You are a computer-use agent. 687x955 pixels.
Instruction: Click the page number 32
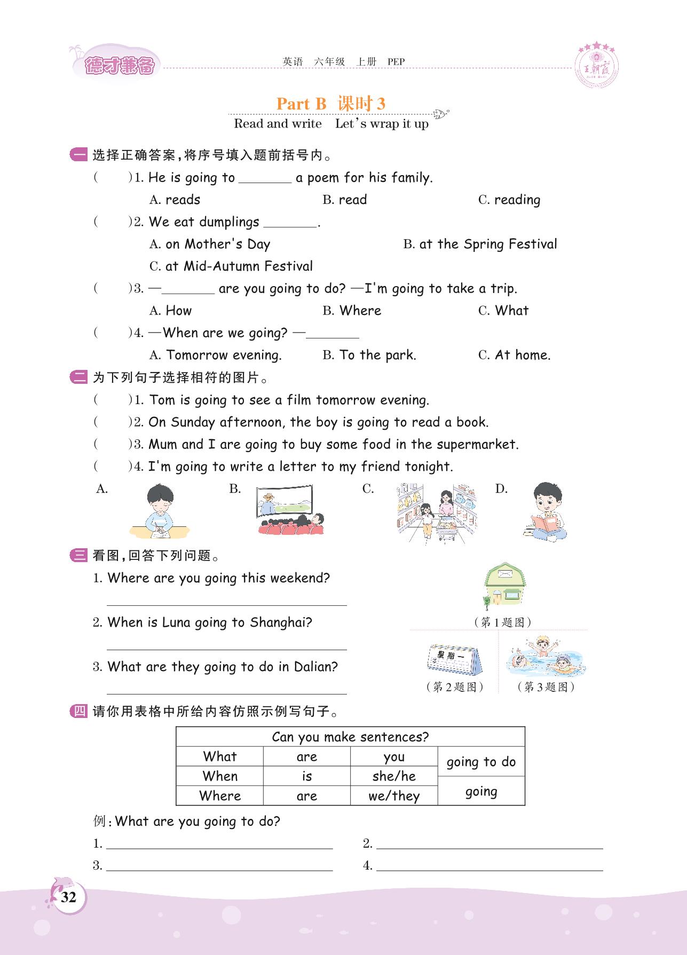[68, 897]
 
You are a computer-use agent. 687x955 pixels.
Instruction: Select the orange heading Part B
[301, 104]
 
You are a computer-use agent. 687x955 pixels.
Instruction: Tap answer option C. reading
[510, 200]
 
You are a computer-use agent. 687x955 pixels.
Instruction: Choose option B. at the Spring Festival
[480, 244]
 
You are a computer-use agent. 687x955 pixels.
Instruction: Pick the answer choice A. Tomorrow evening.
[216, 356]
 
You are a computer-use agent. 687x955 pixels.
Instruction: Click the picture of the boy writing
[159, 511]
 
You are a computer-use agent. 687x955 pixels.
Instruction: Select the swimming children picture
[545, 658]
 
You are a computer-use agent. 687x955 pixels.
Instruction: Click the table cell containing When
[220, 776]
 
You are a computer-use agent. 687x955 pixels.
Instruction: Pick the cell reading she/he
[394, 776]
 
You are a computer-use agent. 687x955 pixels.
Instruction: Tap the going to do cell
[481, 762]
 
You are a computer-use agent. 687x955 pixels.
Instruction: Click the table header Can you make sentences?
[350, 737]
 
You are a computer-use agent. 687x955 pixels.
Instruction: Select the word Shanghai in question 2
[281, 623]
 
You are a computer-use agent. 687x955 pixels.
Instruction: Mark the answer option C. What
[503, 311]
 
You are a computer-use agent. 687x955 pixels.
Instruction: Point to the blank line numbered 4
[489, 866]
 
